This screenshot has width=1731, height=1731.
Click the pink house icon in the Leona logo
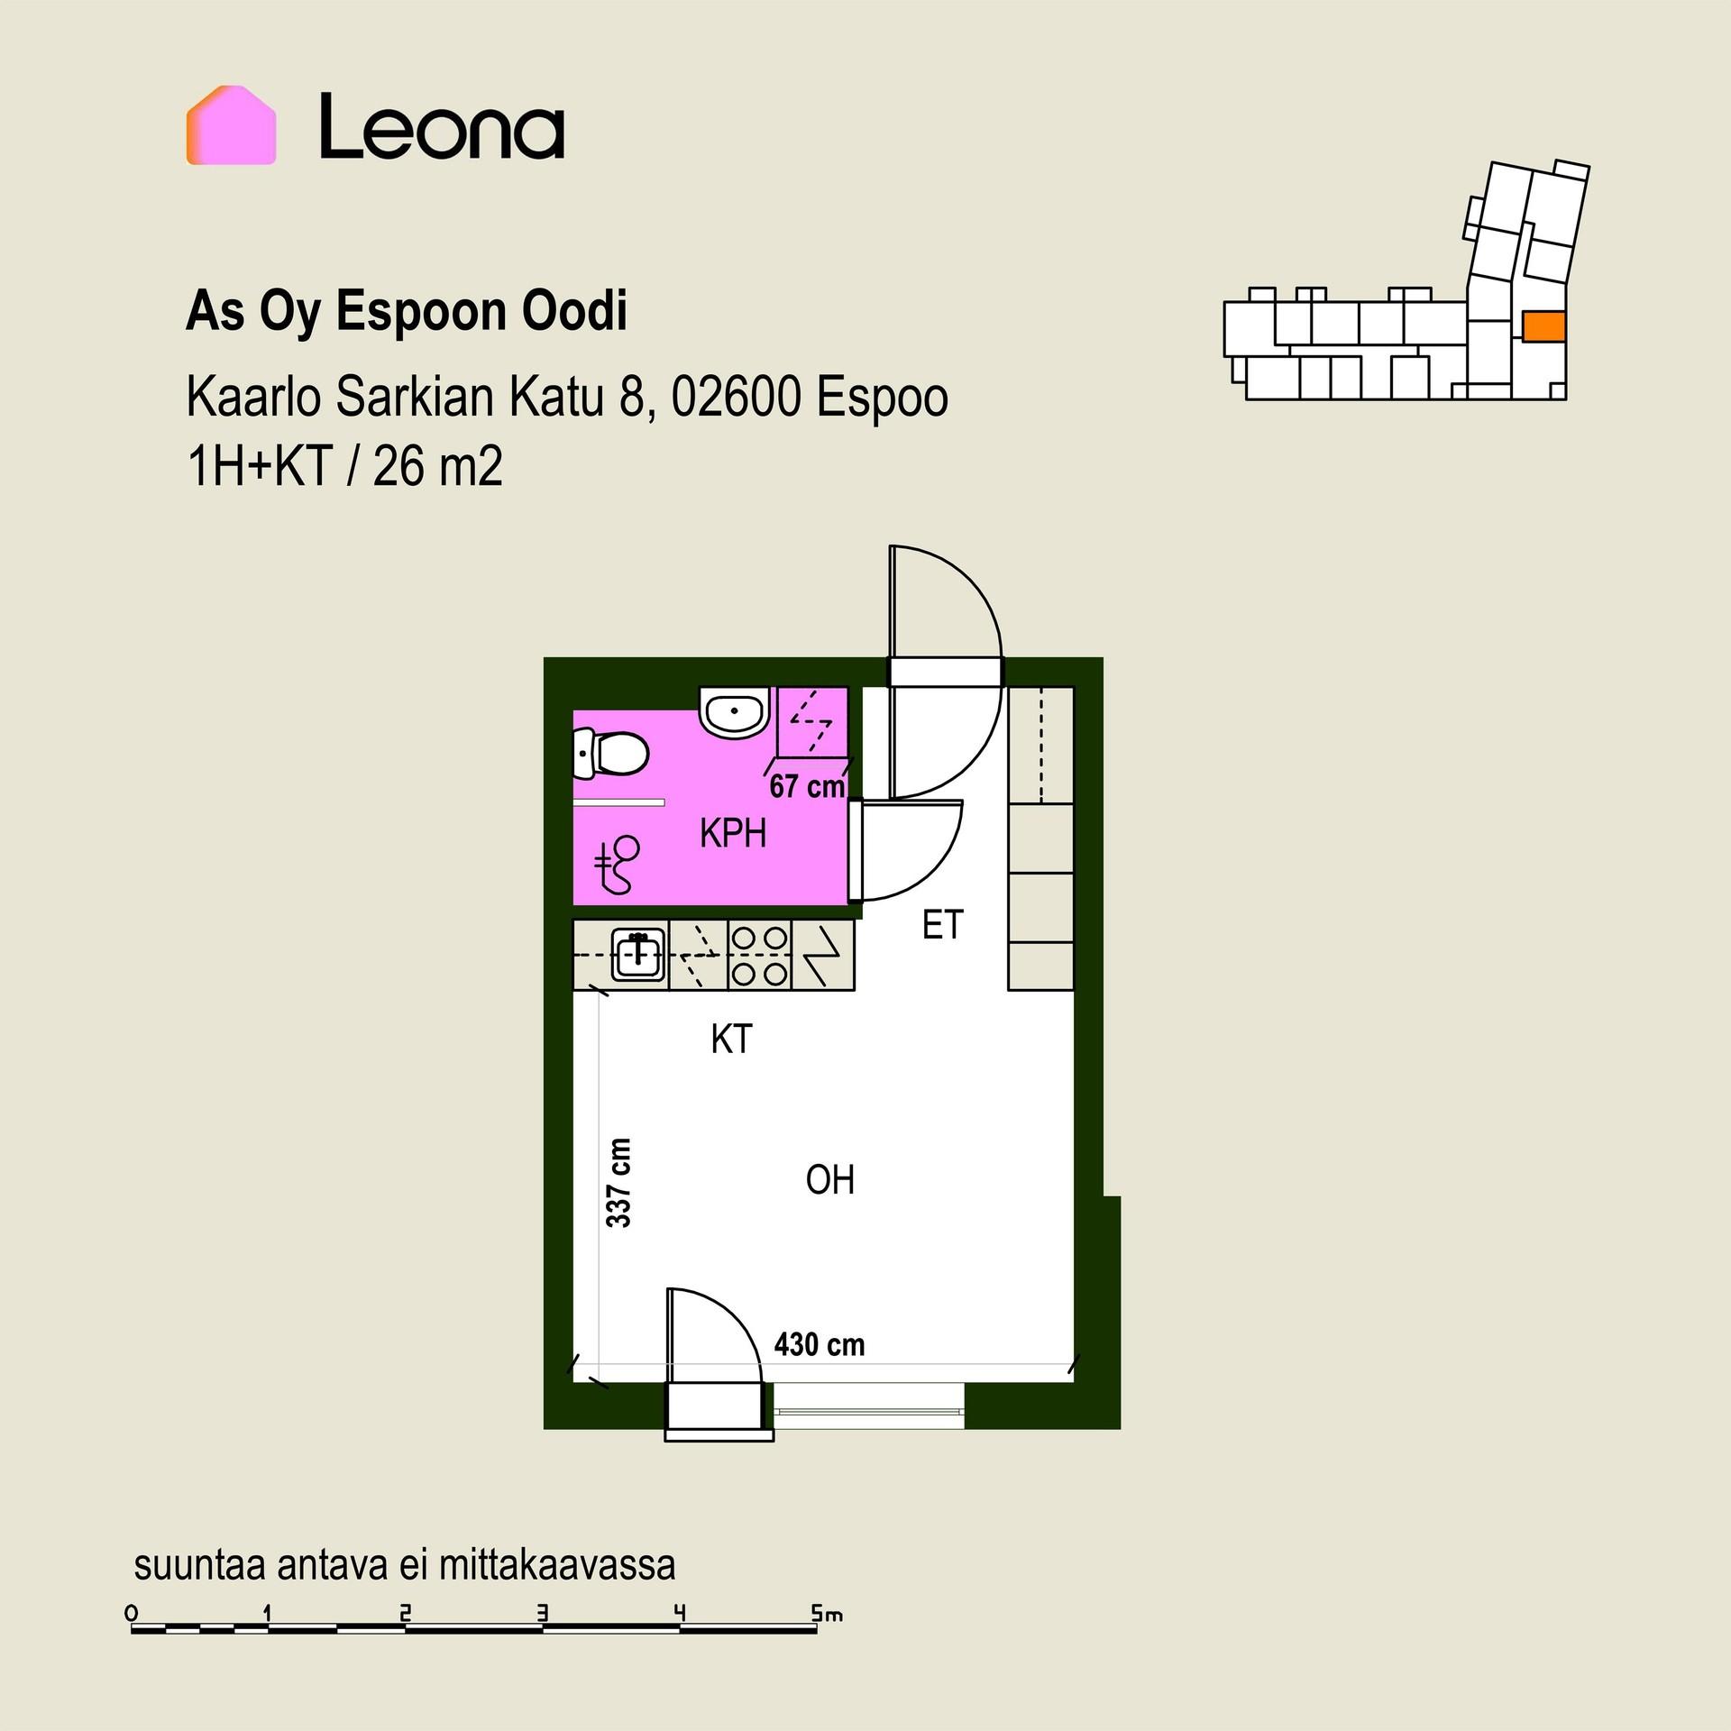231,125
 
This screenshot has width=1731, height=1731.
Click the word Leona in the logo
442,126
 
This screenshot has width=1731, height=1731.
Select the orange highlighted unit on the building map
1543,325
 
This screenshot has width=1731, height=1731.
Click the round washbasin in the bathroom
735,713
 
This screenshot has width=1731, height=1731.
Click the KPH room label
733,834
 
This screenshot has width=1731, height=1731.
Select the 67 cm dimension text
806,787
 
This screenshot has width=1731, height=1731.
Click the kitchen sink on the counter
639,955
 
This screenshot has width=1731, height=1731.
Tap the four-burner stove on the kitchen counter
759,956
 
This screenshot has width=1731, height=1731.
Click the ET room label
943,925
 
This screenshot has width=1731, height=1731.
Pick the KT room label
731,1040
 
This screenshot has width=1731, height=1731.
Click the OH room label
829,1180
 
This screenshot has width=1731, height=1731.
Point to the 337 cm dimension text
618,1182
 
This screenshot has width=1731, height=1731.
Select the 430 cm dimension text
819,1344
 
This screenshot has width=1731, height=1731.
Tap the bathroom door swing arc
938,865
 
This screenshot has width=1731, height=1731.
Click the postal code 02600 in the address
736,398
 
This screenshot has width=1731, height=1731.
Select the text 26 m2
437,467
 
